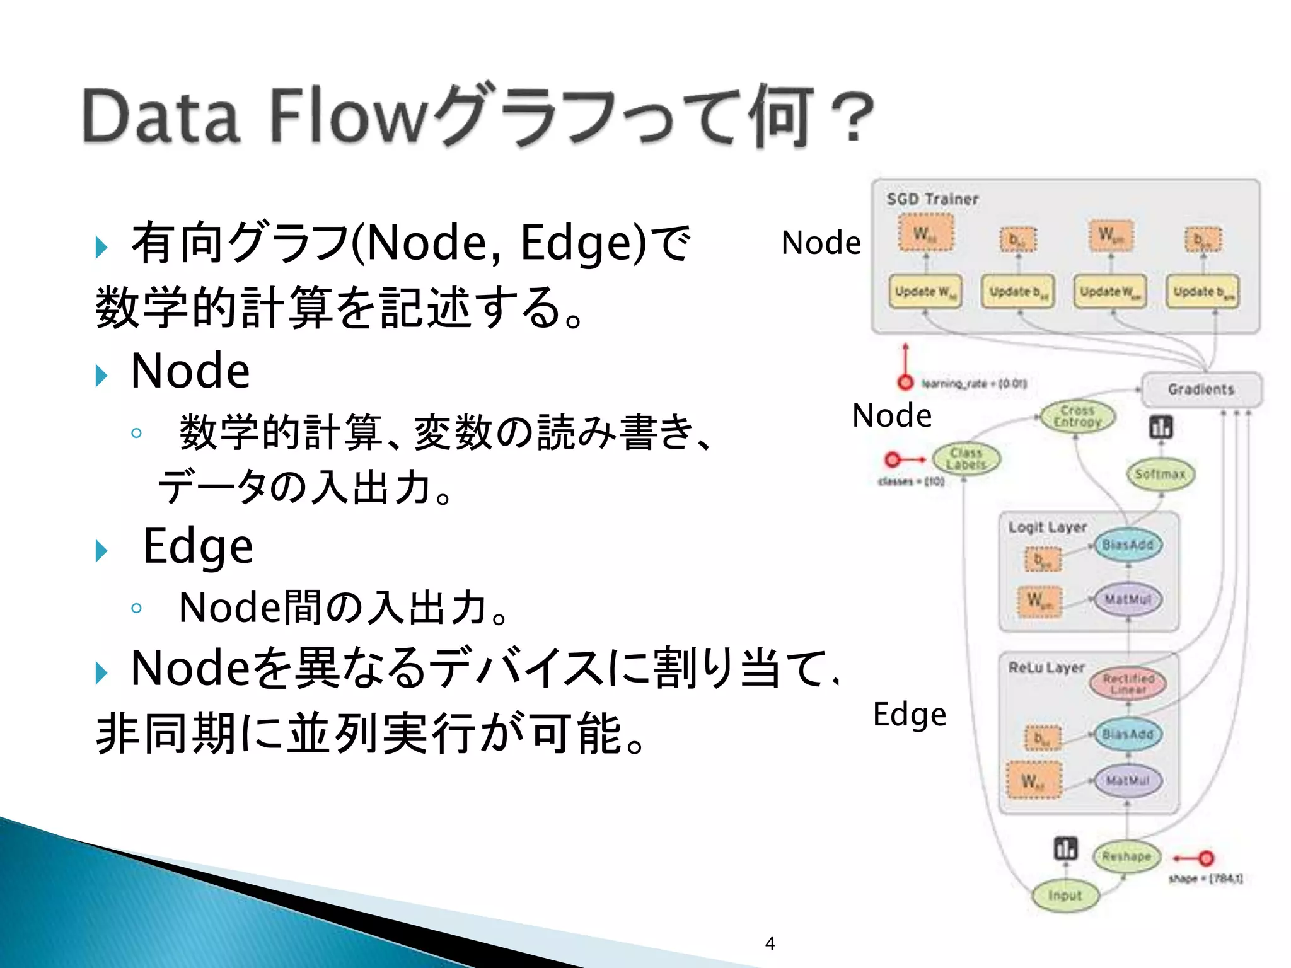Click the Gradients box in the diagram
click(x=1201, y=389)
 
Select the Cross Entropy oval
click(x=1077, y=417)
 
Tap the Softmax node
click(x=1160, y=474)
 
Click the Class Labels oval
click(x=966, y=459)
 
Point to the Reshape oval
click(x=1126, y=856)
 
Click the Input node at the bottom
click(x=1065, y=895)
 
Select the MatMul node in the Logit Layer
click(x=1128, y=599)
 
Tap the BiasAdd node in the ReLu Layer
click(x=1128, y=734)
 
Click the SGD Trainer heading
click(x=932, y=199)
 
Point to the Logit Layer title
click(x=1047, y=527)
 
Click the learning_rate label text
click(x=974, y=383)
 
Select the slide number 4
click(x=770, y=943)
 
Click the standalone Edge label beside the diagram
click(x=909, y=715)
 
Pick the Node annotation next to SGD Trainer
click(x=821, y=243)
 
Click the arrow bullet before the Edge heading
click(x=101, y=550)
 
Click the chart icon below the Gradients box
click(x=1161, y=427)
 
